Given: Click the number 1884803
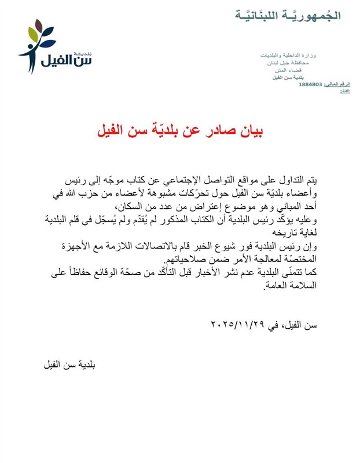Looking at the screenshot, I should coord(311,84).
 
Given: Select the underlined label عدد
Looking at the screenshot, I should coord(346,91).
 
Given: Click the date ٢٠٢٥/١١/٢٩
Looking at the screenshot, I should coord(238,325).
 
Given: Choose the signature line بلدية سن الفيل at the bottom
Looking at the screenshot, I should coord(69,365).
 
